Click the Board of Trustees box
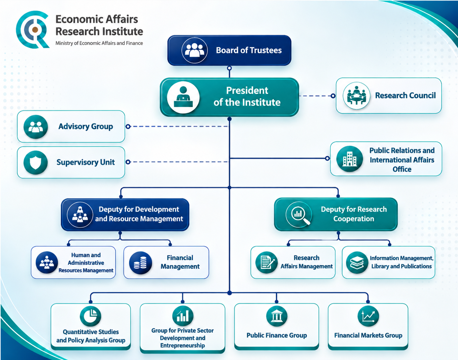point(229,51)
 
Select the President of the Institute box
point(229,97)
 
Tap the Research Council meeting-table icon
point(356,96)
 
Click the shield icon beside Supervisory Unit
point(35,162)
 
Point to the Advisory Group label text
point(85,127)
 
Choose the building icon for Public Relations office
point(350,159)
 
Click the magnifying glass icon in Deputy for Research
point(298,214)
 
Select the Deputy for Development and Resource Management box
point(125,215)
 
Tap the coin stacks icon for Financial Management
point(140,263)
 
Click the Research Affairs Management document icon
point(266,263)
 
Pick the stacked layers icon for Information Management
point(357,263)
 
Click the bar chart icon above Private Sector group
point(183,316)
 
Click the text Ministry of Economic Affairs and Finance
point(99,43)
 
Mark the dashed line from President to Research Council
point(316,96)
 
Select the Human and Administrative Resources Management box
point(73,263)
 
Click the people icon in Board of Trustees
point(194,51)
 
